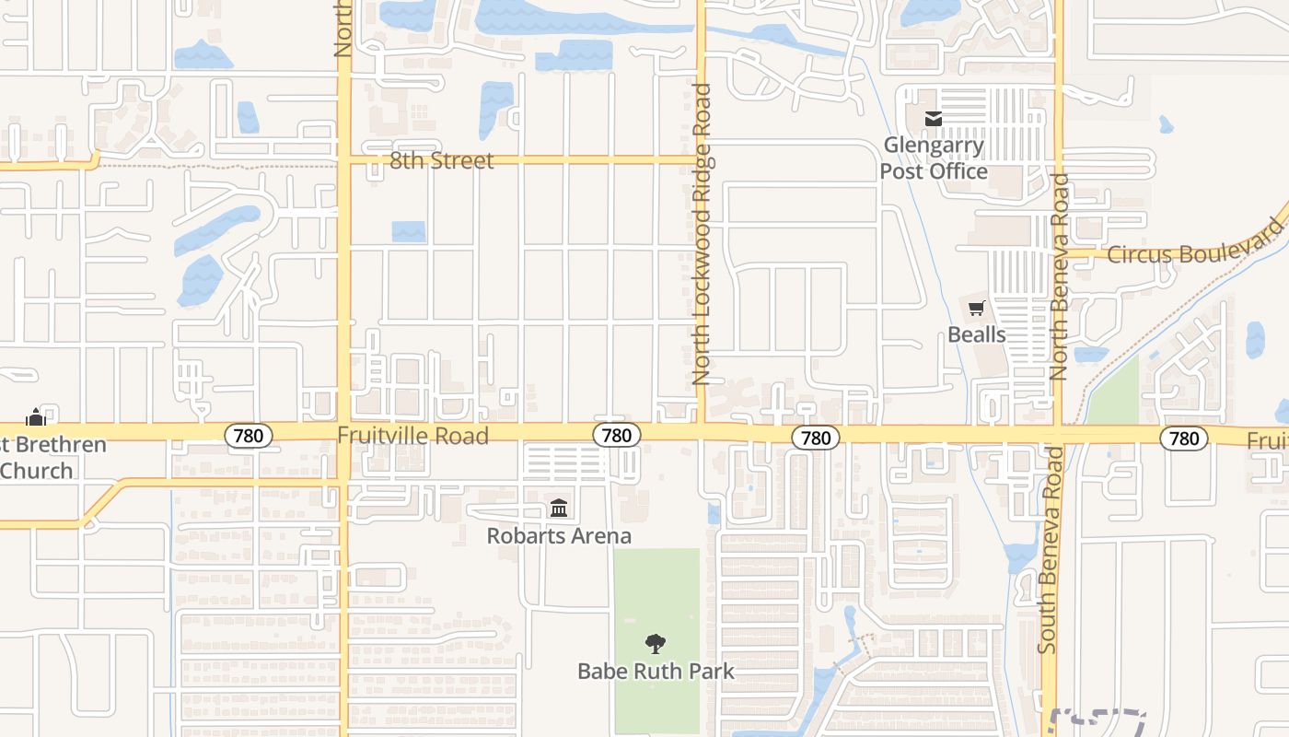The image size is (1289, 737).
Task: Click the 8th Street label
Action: tap(441, 160)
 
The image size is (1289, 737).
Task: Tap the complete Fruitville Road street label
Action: tap(412, 436)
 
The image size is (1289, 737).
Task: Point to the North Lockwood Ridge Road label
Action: tap(702, 235)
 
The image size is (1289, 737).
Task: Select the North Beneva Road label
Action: tap(1059, 277)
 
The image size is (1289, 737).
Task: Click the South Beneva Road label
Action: tap(1048, 550)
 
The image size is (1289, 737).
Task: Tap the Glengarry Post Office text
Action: tap(934, 158)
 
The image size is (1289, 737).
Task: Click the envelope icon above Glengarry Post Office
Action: tap(934, 119)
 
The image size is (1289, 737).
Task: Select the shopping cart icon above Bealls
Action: tap(976, 309)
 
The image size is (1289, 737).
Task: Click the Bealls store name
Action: tap(976, 334)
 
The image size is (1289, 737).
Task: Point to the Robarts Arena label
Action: tap(559, 535)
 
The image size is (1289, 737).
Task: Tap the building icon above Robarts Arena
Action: tap(559, 509)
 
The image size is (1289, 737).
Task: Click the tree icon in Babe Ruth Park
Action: tap(656, 644)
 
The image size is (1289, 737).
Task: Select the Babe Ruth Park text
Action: tap(656, 671)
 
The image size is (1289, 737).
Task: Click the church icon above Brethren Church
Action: tap(36, 417)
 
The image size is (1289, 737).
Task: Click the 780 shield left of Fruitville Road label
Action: tap(249, 436)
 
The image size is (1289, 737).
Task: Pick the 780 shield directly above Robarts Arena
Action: tap(616, 436)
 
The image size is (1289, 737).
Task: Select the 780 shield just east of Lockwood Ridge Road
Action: tap(816, 438)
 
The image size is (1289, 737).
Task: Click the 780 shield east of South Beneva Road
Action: tap(1183, 438)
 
